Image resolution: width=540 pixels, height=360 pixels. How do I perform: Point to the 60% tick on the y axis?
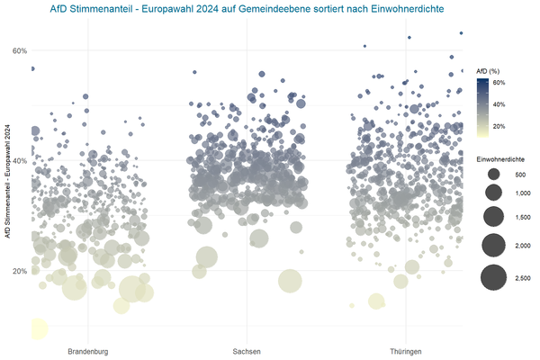[x=19, y=50]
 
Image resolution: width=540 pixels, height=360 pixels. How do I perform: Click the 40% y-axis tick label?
[x=19, y=161]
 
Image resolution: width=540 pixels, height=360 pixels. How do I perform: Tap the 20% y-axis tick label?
[x=19, y=271]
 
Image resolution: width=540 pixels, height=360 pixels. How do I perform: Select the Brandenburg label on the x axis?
[x=87, y=350]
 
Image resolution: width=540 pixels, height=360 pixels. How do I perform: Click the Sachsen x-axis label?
[x=247, y=350]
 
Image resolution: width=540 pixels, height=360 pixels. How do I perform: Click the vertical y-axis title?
[x=7, y=179]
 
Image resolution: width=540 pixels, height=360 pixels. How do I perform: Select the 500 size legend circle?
[x=493, y=174]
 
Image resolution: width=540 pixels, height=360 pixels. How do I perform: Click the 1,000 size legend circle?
[x=493, y=193]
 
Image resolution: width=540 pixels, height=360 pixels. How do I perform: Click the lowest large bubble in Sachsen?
[x=290, y=281]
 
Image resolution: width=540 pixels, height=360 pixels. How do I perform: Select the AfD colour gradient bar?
[x=482, y=106]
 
